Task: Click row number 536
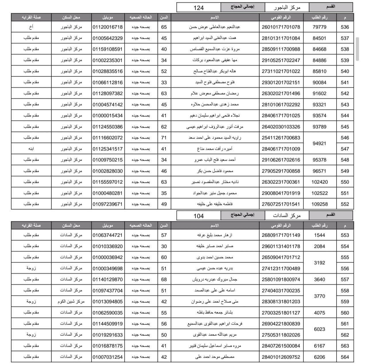[x=345, y=27]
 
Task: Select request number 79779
[x=319, y=27]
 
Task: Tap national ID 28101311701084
[x=281, y=38]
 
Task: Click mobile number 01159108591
[x=107, y=49]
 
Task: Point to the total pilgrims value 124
[x=199, y=8]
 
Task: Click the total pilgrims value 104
[x=199, y=216]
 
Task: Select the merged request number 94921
[x=319, y=143]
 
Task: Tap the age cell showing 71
[x=164, y=138]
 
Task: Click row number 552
[x=345, y=204]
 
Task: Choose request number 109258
[x=319, y=204]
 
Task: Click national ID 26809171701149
[x=281, y=235]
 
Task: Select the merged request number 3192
[x=319, y=263]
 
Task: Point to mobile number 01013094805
[x=107, y=302]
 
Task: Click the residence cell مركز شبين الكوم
[x=71, y=302]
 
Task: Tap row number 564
[x=345, y=357]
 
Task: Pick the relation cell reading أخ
[x=31, y=27]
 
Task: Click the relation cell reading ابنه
[x=31, y=149]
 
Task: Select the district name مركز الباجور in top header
[x=287, y=7]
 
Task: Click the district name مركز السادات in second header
[x=287, y=215]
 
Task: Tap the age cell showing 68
[x=164, y=279]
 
